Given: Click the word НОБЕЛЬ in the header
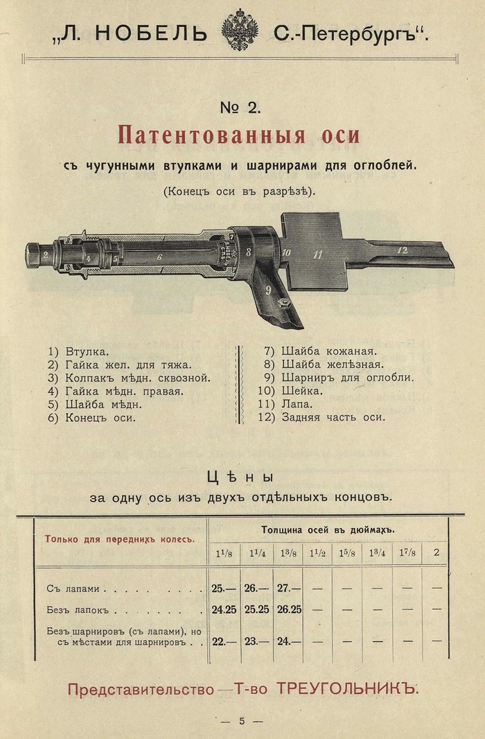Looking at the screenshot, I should pos(150,33).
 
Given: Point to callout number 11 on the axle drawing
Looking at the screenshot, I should pos(318,255).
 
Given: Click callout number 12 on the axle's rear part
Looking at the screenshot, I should pos(403,250).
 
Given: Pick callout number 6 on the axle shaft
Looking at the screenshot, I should pos(159,257).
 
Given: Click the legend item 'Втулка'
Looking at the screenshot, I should pos(87,352).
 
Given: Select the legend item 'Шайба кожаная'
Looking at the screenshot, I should pos(328,351).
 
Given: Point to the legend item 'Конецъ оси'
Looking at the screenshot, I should pos(100,417).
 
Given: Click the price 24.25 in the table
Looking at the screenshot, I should pos(224,610).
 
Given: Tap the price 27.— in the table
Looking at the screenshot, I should pos(288,588).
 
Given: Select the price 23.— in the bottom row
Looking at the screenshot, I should pos(256,641).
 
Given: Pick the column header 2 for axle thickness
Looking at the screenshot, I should pos(436,552).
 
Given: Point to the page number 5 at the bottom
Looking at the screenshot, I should pos(242,721).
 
